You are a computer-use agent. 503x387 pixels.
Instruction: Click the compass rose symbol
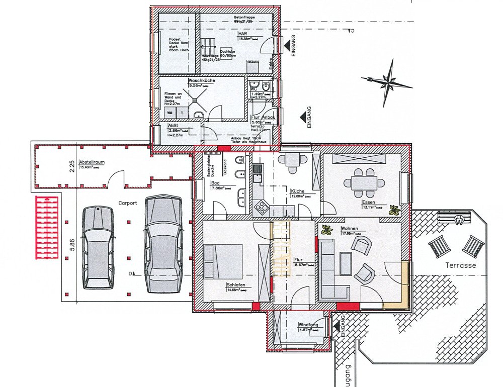387,80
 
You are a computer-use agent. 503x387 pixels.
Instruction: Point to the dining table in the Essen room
364,182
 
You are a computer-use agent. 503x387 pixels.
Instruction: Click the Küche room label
298,191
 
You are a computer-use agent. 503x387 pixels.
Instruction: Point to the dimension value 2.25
72,164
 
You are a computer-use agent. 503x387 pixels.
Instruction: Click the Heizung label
253,61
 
